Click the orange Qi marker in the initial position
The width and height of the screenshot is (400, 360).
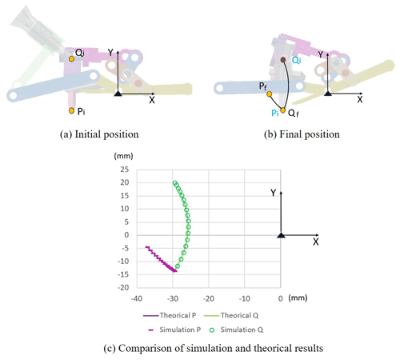pyautogui.click(x=71, y=58)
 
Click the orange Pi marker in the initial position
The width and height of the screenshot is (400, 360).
pyautogui.click(x=71, y=110)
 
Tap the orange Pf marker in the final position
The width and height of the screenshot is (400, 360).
pyautogui.click(x=270, y=94)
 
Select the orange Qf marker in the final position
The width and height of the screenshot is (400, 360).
pyautogui.click(x=283, y=110)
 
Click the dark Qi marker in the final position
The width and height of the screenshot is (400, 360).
pyautogui.click(x=283, y=60)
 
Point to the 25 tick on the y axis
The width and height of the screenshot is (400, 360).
pyautogui.click(x=125, y=170)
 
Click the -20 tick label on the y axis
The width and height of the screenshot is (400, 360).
pyautogui.click(x=123, y=287)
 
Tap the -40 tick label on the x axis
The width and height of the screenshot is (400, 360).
pyautogui.click(x=137, y=298)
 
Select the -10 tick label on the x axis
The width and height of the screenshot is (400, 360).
pyautogui.click(x=244, y=298)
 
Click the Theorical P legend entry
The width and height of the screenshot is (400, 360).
pyautogui.click(x=170, y=315)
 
